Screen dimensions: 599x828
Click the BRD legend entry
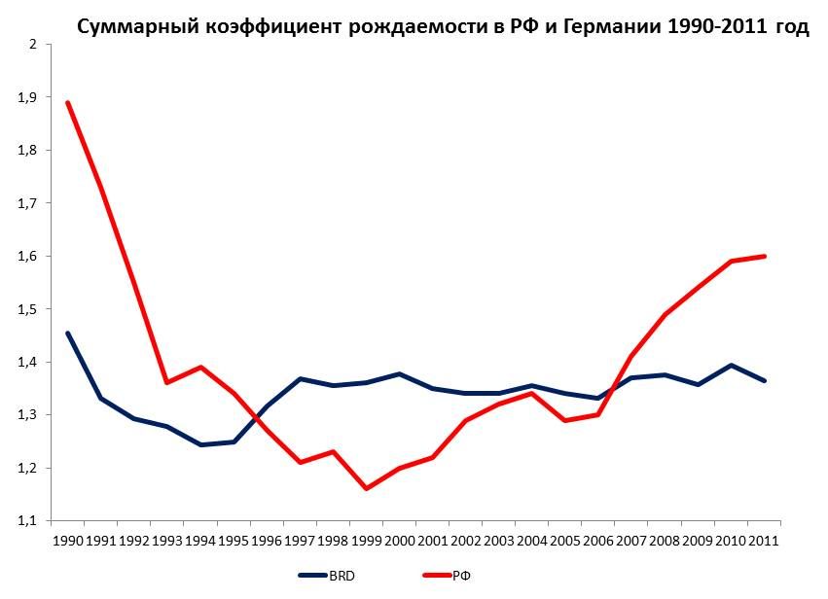(342, 577)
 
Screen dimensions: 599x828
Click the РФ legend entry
(461, 577)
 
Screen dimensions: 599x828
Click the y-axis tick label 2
(32, 45)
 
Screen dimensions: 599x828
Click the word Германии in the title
(594, 26)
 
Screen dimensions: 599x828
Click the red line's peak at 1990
(68, 102)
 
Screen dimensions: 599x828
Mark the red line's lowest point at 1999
(366, 488)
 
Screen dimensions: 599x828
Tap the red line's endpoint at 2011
(764, 257)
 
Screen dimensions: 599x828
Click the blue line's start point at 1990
(68, 334)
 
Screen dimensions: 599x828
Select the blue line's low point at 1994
(200, 444)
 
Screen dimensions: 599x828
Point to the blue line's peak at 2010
(731, 366)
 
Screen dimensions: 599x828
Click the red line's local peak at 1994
(200, 367)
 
